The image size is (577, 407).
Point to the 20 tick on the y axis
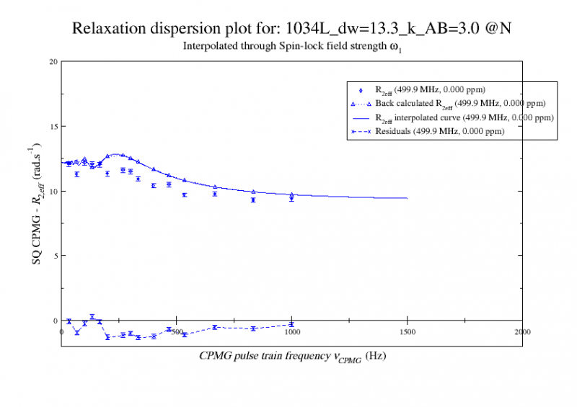click(x=53, y=61)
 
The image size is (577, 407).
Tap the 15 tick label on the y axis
click(x=53, y=126)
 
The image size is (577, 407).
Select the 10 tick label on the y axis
click(x=53, y=191)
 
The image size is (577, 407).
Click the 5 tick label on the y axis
click(x=56, y=256)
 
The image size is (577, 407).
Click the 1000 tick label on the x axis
click(x=291, y=332)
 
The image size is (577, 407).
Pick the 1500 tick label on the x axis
click(x=407, y=332)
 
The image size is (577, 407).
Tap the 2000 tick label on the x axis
click(x=522, y=332)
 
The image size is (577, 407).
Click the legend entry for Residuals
click(x=439, y=132)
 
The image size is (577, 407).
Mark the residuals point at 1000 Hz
click(x=291, y=324)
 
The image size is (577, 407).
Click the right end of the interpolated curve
click(x=408, y=198)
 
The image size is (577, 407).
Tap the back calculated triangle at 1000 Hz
click(x=291, y=194)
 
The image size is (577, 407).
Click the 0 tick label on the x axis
click(x=61, y=332)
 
